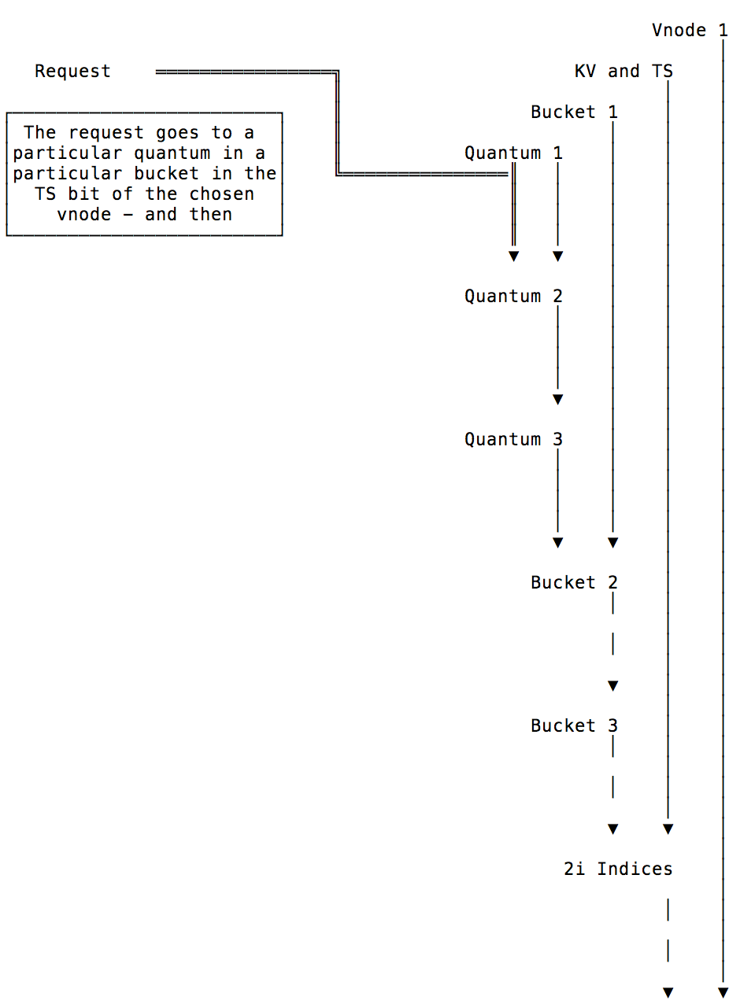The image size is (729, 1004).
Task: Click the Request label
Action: (72, 72)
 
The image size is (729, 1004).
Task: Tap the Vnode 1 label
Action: (689, 31)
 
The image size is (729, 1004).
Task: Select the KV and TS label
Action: (624, 72)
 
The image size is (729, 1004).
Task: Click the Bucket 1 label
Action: (574, 112)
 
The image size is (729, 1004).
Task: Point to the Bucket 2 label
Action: (574, 582)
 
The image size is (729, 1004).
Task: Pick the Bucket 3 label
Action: (574, 725)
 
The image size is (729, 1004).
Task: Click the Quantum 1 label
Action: (513, 153)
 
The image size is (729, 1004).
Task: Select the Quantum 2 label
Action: (513, 297)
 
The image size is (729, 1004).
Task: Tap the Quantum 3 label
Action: (513, 439)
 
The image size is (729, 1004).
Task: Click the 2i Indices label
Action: (618, 869)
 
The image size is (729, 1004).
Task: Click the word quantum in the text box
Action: (172, 153)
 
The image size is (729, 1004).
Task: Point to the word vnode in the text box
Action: (83, 214)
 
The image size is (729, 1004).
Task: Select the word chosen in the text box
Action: (221, 194)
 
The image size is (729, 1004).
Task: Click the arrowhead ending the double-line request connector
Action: (514, 256)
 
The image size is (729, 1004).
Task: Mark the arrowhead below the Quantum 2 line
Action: (557, 399)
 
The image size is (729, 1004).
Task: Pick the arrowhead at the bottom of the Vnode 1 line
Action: (723, 992)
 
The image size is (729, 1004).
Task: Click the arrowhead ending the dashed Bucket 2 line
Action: (613, 685)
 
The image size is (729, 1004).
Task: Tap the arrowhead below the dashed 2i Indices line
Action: (668, 992)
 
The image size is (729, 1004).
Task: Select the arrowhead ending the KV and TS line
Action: (668, 829)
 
